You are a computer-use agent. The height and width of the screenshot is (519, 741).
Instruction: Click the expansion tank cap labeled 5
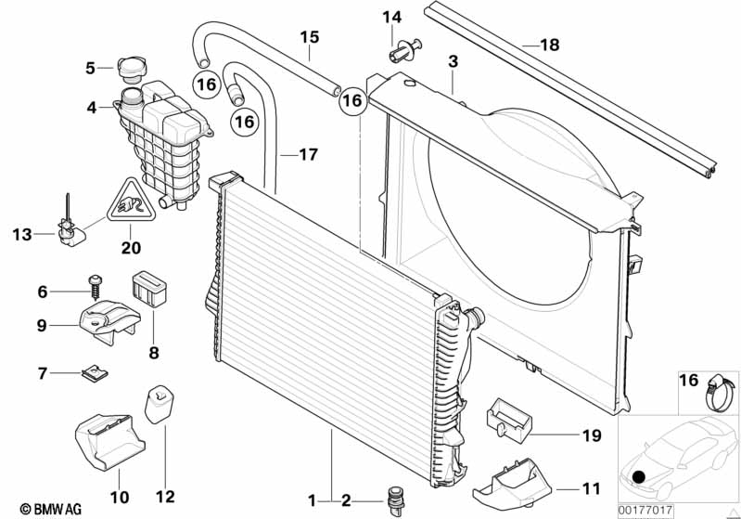pos(128,67)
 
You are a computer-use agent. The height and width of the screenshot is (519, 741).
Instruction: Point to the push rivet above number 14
pos(408,44)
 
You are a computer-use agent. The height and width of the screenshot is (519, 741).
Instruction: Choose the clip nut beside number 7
pos(94,373)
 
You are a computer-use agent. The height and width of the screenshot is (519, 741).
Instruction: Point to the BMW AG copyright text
pos(44,508)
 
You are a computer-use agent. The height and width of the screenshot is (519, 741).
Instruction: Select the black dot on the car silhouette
pos(638,477)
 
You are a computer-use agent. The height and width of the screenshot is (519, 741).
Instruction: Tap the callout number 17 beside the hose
pos(307,155)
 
